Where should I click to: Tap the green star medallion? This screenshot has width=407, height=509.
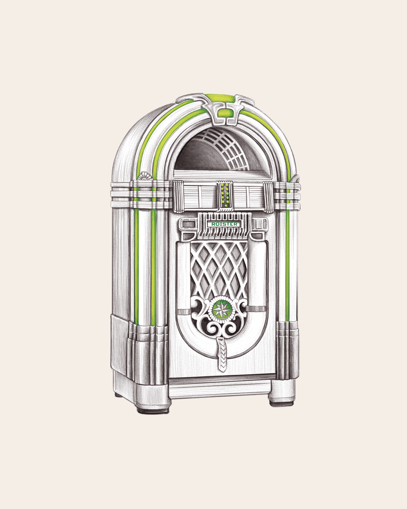pyautogui.click(x=221, y=309)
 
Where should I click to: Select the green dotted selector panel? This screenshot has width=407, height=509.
pyautogui.click(x=224, y=195)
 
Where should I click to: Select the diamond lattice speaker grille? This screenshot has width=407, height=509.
pyautogui.click(x=219, y=270)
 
